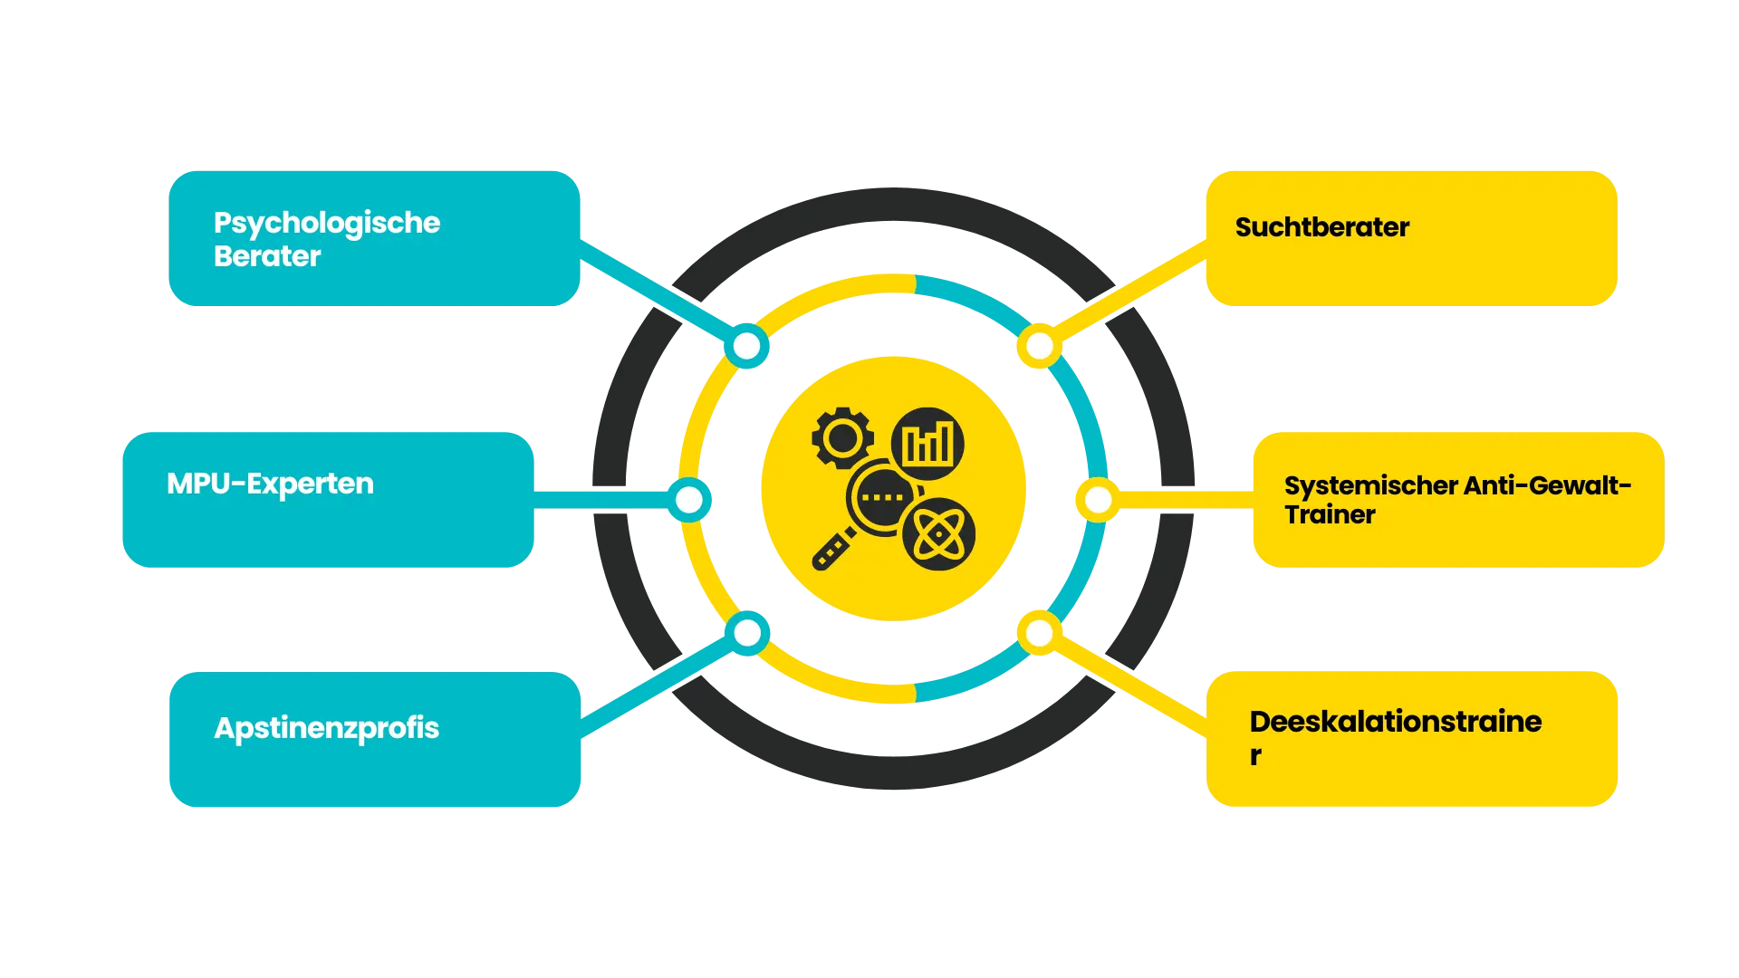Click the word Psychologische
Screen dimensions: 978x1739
click(x=326, y=223)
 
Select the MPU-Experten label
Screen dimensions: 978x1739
click(x=270, y=484)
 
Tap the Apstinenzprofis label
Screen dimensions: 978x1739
click(x=326, y=728)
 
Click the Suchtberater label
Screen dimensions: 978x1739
click(x=1321, y=227)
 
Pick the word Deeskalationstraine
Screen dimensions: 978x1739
click(x=1395, y=722)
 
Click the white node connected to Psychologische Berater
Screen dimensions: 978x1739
click(x=747, y=346)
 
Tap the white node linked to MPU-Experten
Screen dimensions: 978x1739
click(x=689, y=499)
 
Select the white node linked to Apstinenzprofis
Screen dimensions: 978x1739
click(x=747, y=633)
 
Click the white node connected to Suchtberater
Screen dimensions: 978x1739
click(x=1040, y=346)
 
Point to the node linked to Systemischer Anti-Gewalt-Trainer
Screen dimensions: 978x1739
click(x=1098, y=499)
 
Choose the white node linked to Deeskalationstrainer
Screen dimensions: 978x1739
click(x=1040, y=633)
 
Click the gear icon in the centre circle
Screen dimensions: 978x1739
click(x=842, y=438)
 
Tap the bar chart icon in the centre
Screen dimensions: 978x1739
click(x=927, y=444)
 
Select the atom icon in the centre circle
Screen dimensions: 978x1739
click(x=939, y=534)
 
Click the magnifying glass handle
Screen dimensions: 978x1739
click(x=833, y=550)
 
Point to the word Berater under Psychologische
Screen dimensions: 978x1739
click(x=267, y=256)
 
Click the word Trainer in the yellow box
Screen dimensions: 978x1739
click(x=1330, y=515)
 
